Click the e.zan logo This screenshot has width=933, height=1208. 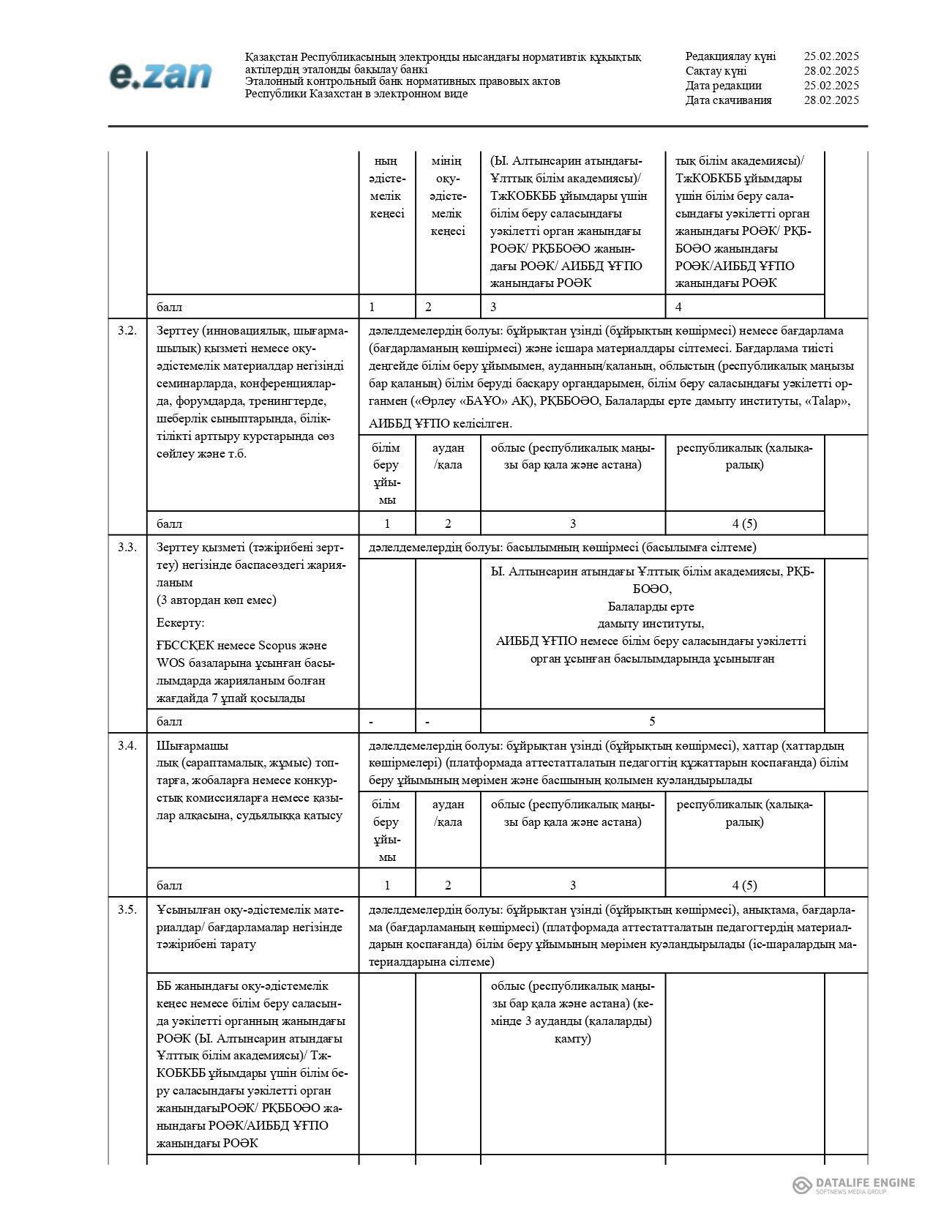point(160,75)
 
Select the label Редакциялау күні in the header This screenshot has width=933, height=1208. point(730,56)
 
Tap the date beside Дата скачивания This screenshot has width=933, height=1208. point(831,100)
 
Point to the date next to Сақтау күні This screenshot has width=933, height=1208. point(831,71)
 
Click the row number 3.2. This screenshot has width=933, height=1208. point(127,331)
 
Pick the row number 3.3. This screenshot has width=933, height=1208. point(127,548)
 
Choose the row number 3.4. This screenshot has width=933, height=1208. point(127,746)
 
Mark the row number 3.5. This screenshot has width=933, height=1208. point(127,910)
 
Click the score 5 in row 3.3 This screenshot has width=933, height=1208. point(652,722)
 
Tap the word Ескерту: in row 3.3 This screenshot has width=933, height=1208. point(180,623)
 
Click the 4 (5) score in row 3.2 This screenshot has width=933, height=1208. point(744,524)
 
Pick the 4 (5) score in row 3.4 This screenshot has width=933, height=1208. point(744,886)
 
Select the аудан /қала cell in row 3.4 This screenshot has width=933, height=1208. point(448,813)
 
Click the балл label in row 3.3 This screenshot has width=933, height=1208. point(170,722)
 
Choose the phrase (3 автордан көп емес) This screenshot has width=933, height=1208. point(216,600)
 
